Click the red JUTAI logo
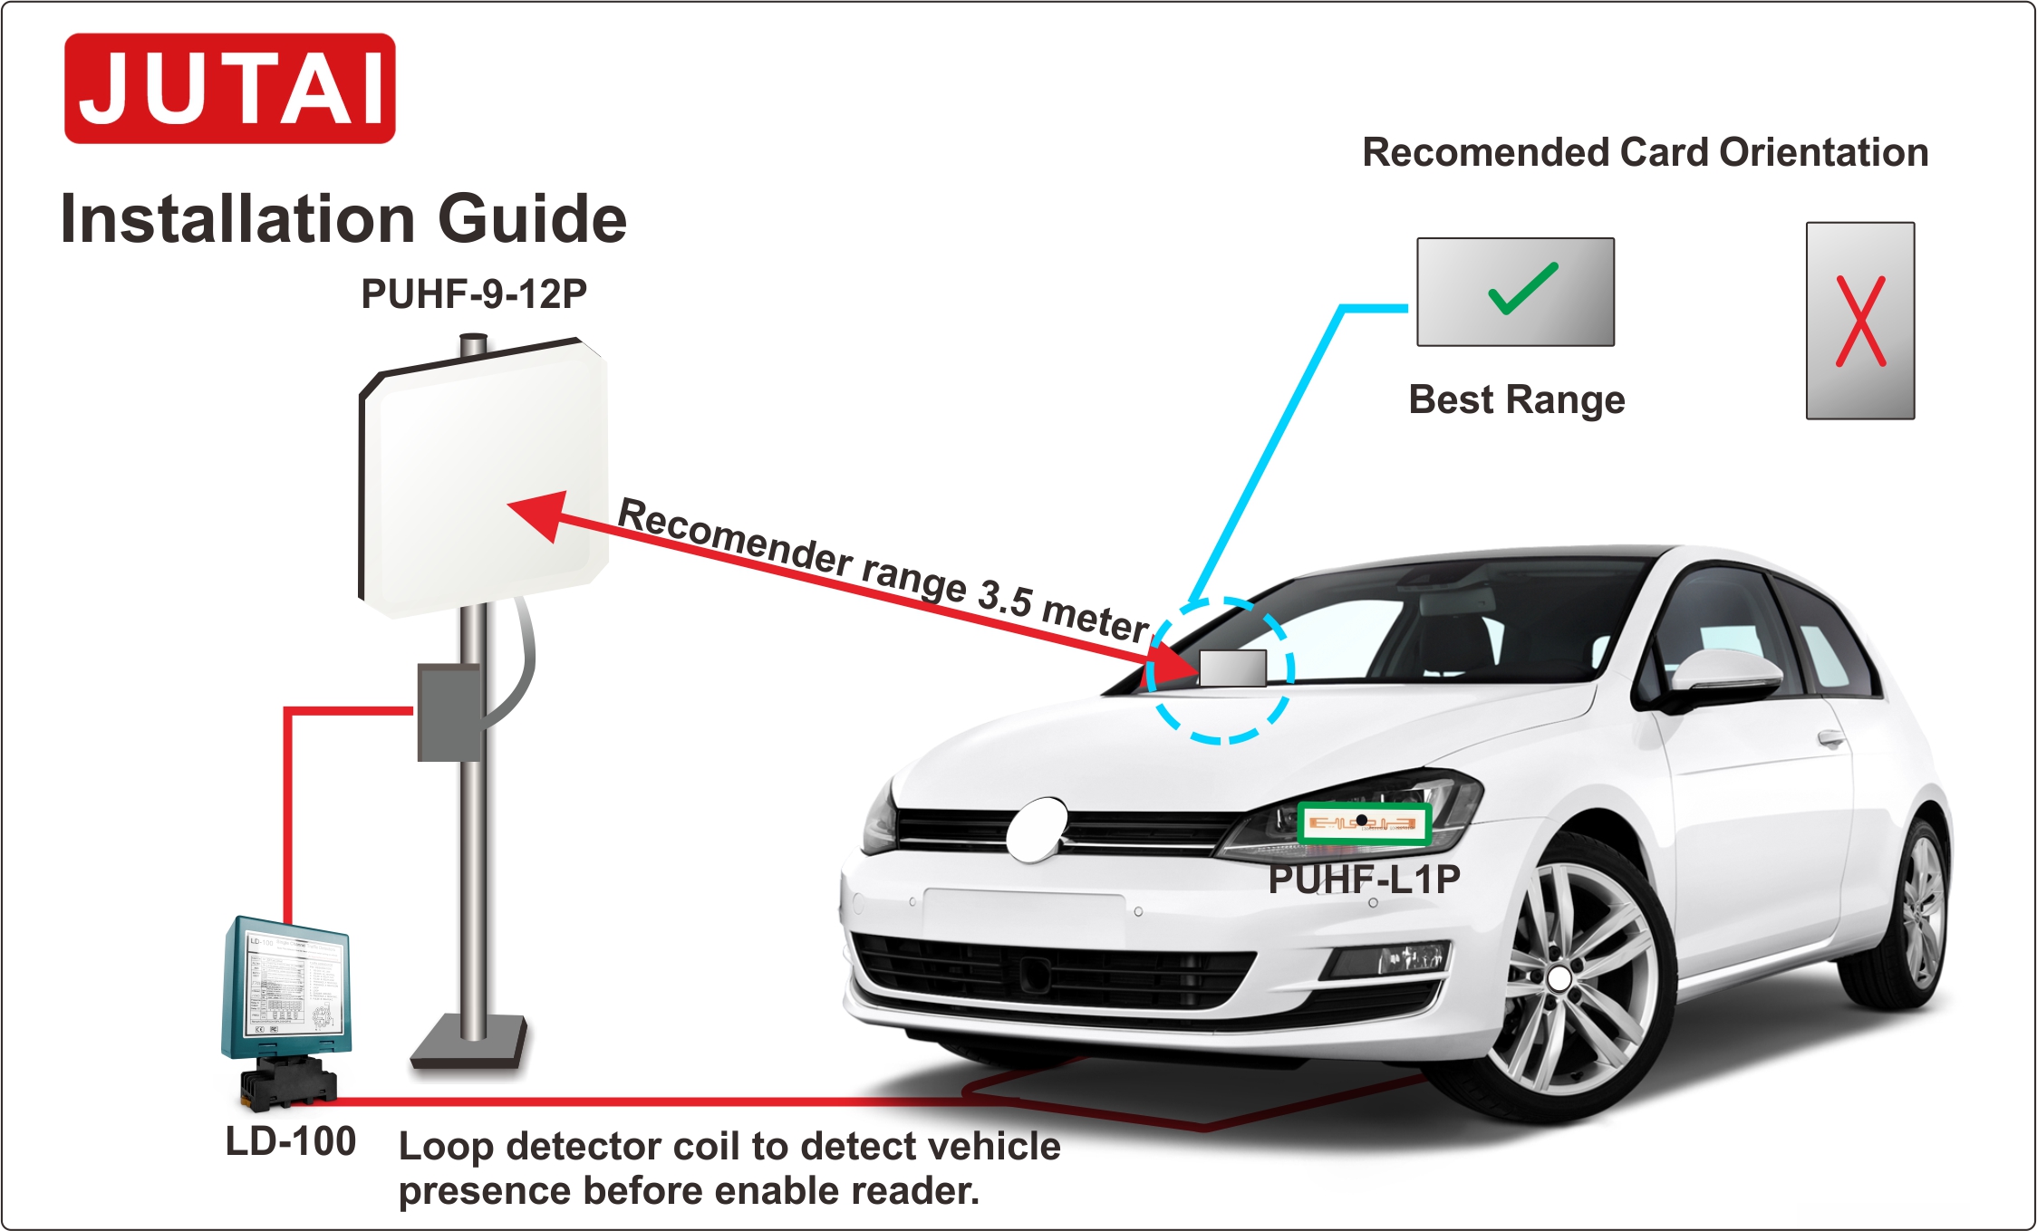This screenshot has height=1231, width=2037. [229, 89]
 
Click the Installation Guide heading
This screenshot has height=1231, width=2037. [343, 219]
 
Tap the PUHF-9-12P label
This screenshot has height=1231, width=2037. [474, 293]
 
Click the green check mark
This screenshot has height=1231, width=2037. [1522, 289]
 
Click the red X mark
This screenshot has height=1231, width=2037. [1860, 322]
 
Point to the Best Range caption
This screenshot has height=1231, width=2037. [1516, 399]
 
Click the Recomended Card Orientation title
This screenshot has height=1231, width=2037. [1645, 152]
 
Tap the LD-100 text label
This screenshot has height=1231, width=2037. [290, 1141]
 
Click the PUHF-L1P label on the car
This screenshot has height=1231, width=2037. [1363, 879]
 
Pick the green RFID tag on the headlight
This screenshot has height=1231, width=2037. [1363, 823]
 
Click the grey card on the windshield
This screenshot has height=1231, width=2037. [1232, 668]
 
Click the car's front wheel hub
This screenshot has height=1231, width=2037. [1559, 978]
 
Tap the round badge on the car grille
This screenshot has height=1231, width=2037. [1038, 828]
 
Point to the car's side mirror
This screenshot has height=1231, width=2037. [1722, 675]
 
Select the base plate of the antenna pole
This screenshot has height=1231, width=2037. [469, 1042]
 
